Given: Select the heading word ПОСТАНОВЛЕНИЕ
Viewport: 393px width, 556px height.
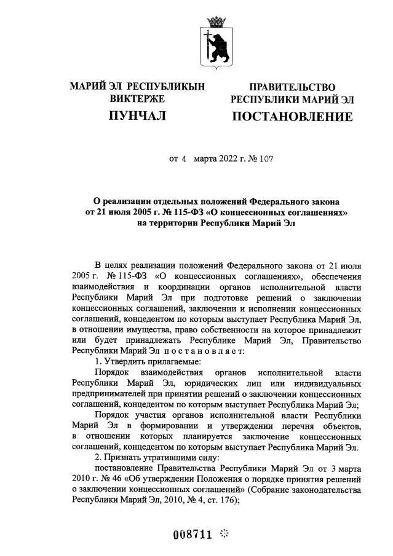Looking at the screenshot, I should (292, 116).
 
